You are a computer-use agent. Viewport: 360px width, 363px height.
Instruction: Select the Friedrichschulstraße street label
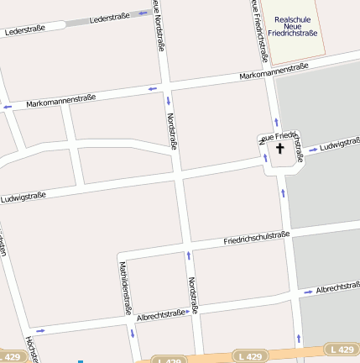tap(256, 239)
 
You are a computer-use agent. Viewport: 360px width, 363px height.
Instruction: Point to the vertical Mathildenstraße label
tap(126, 287)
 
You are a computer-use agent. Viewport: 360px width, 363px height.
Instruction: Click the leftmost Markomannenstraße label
tap(60, 101)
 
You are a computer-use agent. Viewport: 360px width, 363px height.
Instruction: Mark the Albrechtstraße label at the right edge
tap(337, 288)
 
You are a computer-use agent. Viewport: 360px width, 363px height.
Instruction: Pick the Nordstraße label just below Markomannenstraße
tap(172, 130)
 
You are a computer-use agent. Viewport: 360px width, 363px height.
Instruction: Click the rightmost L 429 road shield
tap(342, 349)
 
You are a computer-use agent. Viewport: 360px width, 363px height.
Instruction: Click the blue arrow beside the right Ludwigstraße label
tap(312, 150)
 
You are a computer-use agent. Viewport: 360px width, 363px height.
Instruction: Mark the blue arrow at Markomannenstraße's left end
tap(8, 108)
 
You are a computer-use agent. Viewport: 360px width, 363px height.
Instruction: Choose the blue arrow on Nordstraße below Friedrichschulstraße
tap(188, 253)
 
